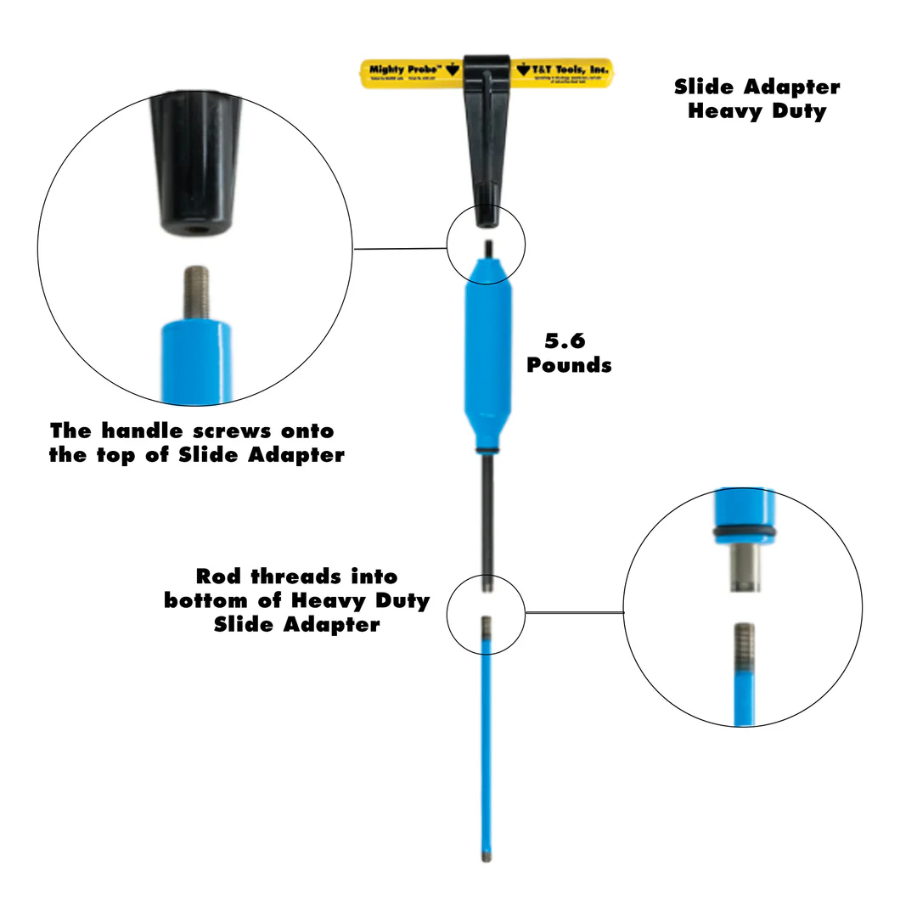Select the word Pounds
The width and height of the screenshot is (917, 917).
569,365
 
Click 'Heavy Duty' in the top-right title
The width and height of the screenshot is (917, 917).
757,111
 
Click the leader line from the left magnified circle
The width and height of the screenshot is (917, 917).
399,249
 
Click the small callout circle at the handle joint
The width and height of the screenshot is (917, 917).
487,246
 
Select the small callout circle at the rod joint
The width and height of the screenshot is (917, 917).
487,614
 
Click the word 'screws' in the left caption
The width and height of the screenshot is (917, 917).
227,431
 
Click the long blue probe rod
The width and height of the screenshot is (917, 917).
487,747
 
